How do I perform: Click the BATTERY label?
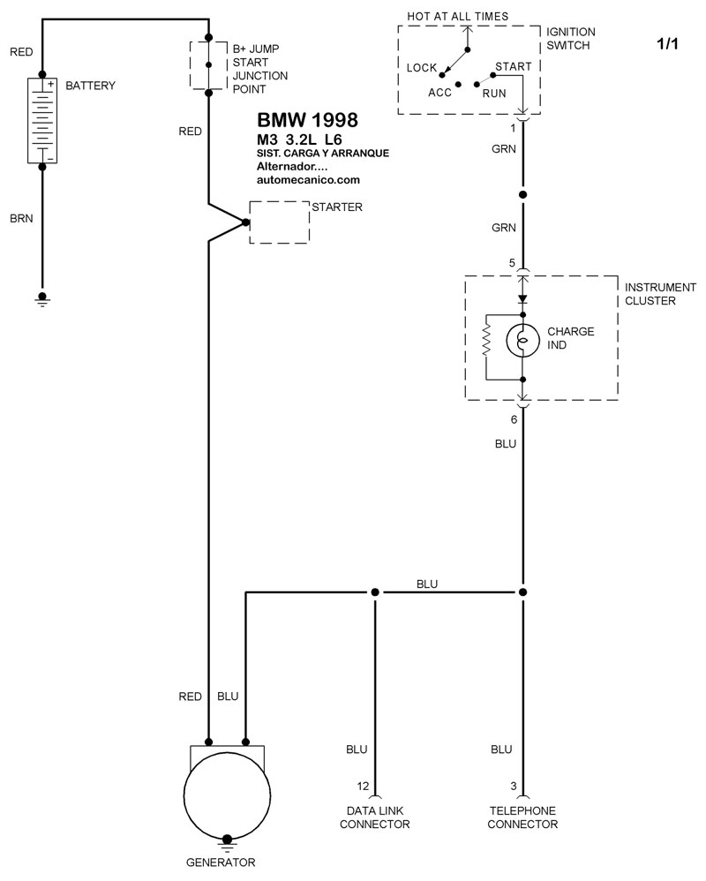[x=90, y=86]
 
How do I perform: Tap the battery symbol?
[x=42, y=120]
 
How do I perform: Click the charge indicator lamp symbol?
[x=523, y=341]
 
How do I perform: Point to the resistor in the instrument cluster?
[x=487, y=341]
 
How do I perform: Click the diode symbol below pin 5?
[x=523, y=299]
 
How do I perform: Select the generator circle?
[x=227, y=795]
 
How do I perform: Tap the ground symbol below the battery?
[x=42, y=299]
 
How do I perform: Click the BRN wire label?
[x=21, y=219]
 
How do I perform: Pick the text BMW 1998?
[x=307, y=120]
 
